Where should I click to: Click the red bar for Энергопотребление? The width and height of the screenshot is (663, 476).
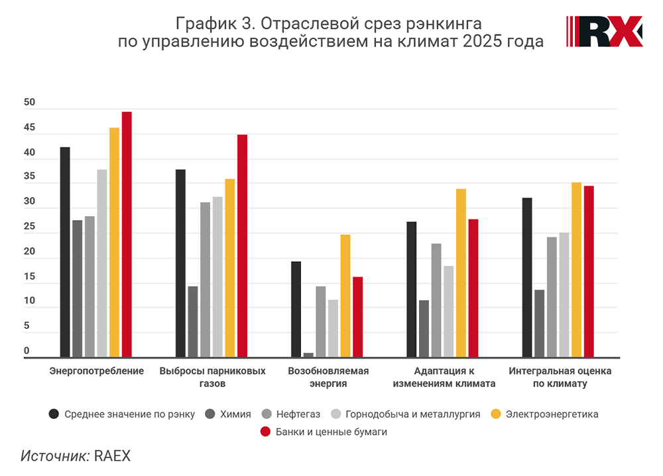click(127, 235)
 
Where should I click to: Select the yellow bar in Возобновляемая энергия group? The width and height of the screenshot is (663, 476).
click(345, 296)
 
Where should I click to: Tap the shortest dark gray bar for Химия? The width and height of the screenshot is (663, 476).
click(308, 355)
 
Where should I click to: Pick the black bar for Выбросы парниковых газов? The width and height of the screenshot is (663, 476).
click(180, 263)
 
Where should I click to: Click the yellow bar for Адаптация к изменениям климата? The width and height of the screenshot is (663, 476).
click(461, 273)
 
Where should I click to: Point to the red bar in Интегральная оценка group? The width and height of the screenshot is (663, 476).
click(589, 272)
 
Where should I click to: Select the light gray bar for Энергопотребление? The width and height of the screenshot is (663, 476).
click(102, 263)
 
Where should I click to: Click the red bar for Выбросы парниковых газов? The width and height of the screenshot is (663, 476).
click(242, 246)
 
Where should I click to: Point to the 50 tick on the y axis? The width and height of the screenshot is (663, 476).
click(29, 103)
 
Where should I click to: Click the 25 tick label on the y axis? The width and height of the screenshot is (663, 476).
click(29, 227)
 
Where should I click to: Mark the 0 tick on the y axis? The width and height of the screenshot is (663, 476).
click(27, 351)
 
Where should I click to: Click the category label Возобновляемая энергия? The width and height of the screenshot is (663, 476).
click(328, 377)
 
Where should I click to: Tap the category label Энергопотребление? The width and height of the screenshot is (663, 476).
click(97, 371)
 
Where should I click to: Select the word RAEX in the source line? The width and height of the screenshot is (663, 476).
click(113, 456)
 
